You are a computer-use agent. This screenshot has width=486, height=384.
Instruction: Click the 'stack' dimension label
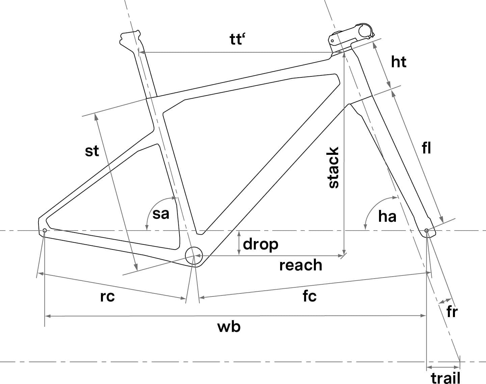click(333, 168)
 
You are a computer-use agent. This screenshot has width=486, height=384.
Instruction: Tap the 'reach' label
click(301, 265)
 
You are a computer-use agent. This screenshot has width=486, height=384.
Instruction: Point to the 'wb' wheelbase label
click(229, 327)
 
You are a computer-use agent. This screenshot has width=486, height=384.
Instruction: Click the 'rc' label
click(108, 297)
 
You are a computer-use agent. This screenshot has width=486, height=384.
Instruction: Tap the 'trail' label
click(446, 378)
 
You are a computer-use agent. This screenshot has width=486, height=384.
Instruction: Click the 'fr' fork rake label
click(452, 312)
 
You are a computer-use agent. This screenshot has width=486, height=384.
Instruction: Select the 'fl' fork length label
click(426, 148)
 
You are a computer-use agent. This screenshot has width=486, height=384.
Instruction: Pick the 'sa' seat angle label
click(161, 214)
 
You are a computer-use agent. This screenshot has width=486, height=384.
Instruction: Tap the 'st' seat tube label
click(92, 151)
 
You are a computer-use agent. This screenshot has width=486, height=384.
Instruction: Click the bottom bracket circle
click(194, 256)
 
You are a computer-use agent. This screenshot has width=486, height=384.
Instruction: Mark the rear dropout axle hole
click(45, 231)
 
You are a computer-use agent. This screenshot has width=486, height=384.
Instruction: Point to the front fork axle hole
click(426, 231)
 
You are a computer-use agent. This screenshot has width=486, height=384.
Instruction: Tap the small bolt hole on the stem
click(332, 41)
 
